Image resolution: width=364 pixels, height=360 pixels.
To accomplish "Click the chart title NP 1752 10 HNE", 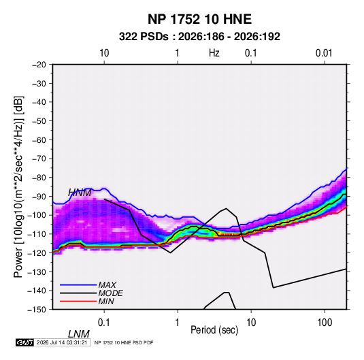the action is click(199, 19).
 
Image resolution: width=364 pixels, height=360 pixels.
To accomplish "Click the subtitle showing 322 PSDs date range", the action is click(199, 37).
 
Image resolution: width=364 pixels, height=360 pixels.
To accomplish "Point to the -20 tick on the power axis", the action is click(39, 65).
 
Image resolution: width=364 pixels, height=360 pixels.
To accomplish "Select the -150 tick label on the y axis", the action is click(37, 310).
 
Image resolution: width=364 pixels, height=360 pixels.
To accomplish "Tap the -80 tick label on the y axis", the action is click(39, 178).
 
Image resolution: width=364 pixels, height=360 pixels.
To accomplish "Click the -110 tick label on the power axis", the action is click(37, 234).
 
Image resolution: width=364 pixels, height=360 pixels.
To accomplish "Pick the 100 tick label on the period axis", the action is click(325, 323).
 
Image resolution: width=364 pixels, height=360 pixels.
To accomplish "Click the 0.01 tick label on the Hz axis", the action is click(324, 53).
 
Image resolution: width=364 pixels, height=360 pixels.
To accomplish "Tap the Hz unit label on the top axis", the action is click(214, 53).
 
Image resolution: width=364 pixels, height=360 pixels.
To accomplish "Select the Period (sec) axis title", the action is click(214, 330).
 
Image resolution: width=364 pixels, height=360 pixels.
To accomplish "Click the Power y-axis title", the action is click(18, 186).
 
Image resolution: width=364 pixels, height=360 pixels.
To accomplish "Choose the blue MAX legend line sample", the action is click(78, 284).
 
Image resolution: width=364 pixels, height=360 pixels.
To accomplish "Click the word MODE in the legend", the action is click(110, 293).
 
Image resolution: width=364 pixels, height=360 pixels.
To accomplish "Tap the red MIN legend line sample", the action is click(78, 301).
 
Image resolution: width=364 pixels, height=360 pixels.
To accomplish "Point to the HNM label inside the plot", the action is click(80, 193).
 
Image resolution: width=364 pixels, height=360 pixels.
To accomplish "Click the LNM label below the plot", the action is click(79, 334).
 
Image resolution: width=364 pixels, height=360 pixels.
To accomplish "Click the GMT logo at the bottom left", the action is click(24, 342).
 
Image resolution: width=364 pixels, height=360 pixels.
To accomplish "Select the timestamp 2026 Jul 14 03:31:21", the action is click(62, 342).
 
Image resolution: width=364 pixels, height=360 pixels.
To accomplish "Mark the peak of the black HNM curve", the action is click(226, 208).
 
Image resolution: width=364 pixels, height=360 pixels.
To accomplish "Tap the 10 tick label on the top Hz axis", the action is click(104, 53).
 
